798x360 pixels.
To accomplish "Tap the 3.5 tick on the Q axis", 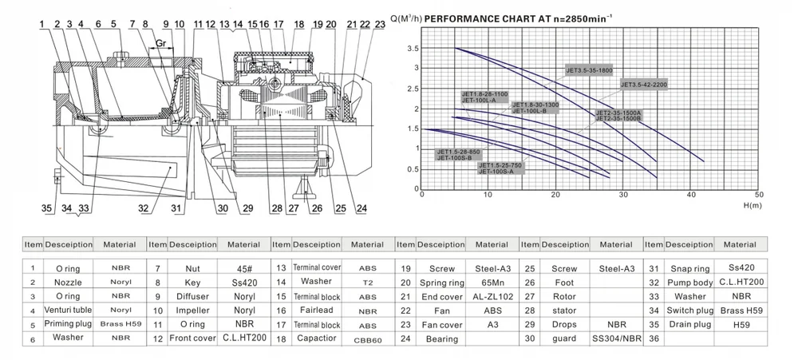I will click(413, 49).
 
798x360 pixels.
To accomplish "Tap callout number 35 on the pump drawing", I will click(47, 208).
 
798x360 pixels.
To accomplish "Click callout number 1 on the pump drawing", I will click(41, 24).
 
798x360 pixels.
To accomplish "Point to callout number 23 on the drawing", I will click(379, 25).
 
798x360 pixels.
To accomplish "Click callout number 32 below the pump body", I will click(144, 209).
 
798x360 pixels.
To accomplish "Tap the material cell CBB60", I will click(368, 339).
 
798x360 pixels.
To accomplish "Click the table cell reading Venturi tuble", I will click(68, 310).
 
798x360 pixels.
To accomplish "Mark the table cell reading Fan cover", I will click(441, 324).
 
